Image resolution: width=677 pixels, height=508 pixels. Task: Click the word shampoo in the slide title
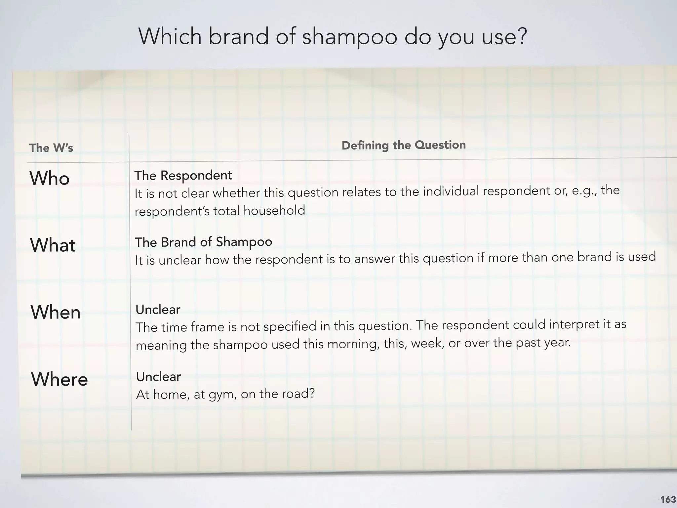349,37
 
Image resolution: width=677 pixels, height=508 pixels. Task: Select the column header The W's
51,148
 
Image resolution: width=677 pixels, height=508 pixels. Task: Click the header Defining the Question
404,145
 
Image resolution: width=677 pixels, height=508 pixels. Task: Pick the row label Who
50,178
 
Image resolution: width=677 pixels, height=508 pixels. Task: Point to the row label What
53,245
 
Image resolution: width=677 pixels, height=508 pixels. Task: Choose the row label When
56,312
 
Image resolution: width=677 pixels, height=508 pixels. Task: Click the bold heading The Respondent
183,175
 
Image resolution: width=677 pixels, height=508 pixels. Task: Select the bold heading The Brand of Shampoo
204,242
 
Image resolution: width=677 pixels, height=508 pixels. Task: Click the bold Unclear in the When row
158,310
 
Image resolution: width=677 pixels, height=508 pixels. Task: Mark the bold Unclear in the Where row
159,377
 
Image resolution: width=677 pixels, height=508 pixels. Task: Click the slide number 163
668,499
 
